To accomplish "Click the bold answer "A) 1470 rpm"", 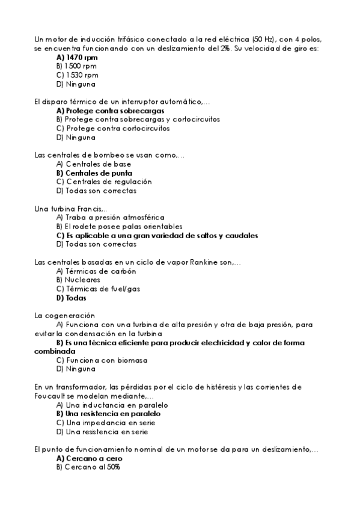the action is (77, 58).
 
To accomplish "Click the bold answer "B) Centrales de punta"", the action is (94, 173).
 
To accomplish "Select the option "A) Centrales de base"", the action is (93, 164).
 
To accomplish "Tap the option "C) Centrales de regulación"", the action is (104, 182).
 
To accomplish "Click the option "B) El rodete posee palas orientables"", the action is (115, 226).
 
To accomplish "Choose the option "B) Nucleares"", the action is (78, 280).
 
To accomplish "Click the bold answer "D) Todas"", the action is (72, 298).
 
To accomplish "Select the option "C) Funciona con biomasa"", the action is (102, 360).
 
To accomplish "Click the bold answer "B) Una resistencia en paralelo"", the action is (108, 414).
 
